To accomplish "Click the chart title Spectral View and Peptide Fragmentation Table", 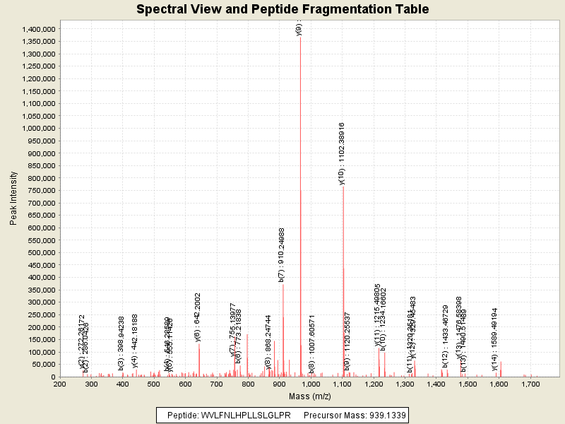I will pos(282,9).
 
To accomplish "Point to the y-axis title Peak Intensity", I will pos(13,201).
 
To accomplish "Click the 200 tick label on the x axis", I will pos(60,384).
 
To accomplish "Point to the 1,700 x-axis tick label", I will pos(530,384).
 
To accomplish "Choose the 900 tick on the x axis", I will pos(280,384).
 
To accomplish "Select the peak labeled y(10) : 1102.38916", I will pos(343,283).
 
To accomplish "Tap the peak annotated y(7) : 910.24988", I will pos(283,325).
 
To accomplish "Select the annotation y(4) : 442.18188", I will pos(135,341).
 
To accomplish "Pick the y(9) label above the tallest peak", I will pos(299,28).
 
